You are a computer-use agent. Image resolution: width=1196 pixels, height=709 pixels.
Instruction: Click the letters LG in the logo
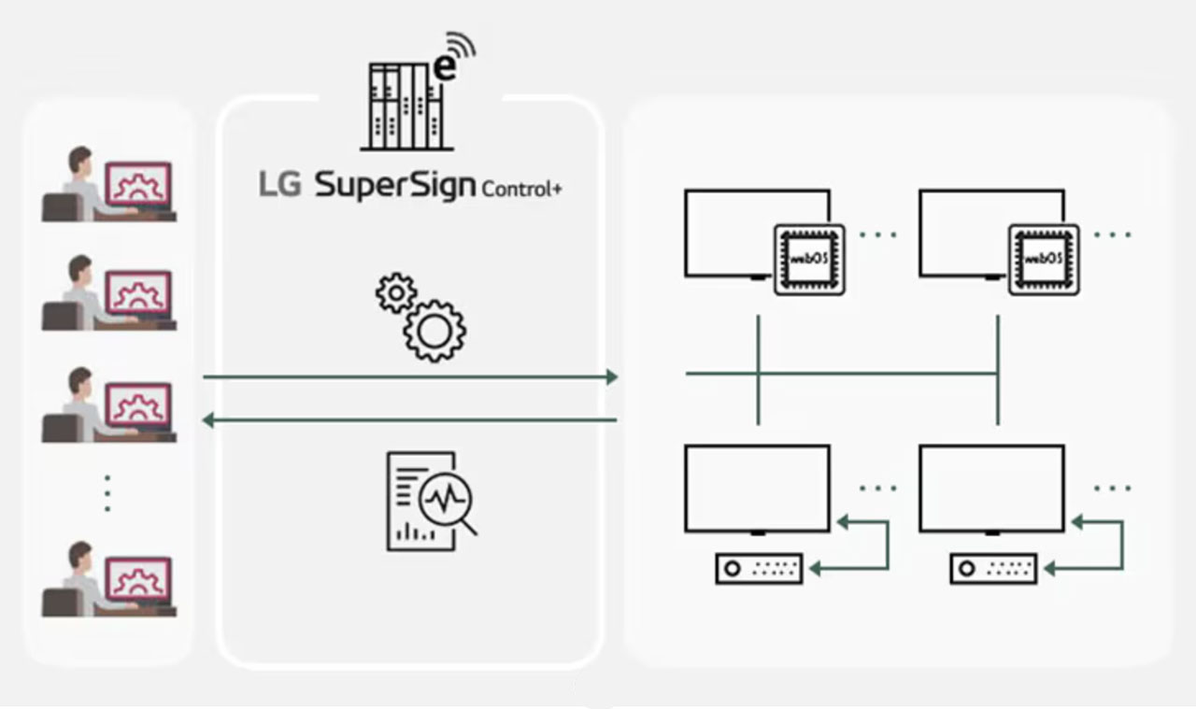tap(279, 184)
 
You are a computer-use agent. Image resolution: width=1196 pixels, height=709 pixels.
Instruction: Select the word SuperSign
tap(395, 185)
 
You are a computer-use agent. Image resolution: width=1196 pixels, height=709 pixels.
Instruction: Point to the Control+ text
tap(521, 189)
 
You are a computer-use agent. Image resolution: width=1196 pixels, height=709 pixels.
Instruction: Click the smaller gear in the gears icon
tap(396, 293)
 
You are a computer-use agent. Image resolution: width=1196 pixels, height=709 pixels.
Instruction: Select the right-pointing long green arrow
tap(411, 377)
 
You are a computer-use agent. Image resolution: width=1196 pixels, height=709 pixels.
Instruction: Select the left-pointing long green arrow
tap(411, 421)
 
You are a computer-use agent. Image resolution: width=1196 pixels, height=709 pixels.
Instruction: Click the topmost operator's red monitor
tap(138, 182)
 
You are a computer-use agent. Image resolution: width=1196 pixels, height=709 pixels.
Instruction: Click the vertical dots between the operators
tap(107, 492)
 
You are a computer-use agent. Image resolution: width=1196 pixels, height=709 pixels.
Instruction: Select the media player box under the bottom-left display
tap(759, 568)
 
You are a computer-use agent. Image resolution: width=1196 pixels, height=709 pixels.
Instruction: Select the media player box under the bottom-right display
tap(993, 568)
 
